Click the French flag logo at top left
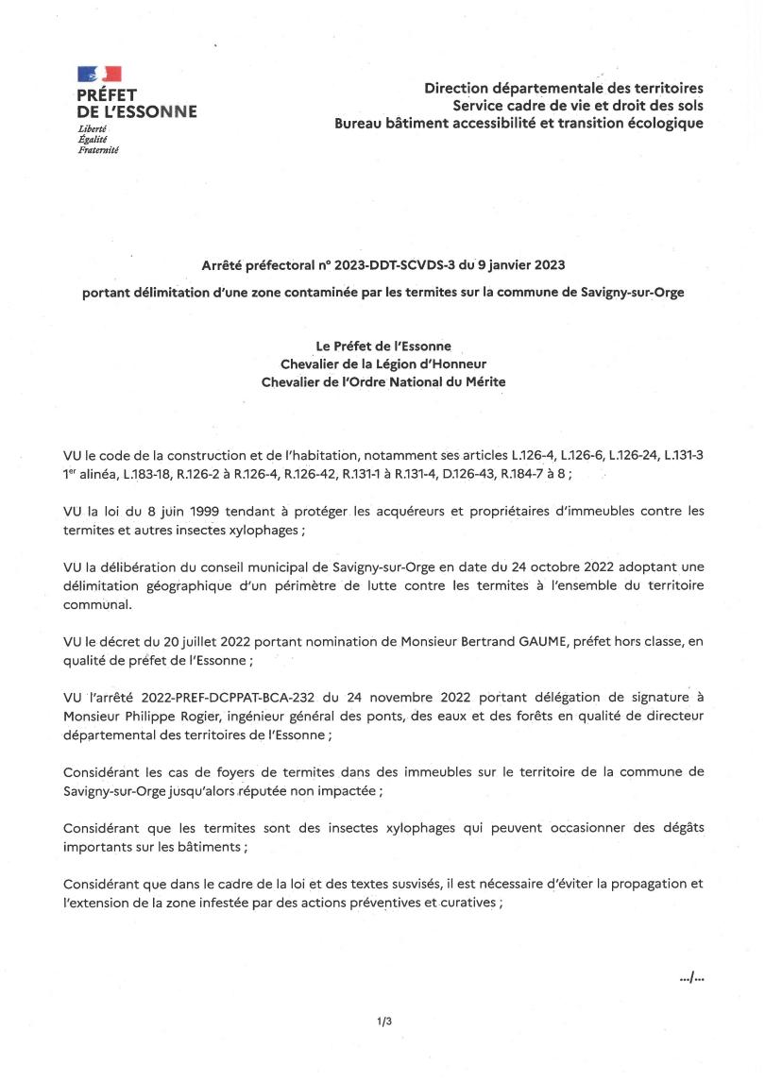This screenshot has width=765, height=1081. [99, 74]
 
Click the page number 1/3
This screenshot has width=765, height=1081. [383, 1022]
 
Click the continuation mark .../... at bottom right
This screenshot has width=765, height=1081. [691, 977]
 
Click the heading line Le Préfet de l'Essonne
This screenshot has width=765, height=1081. [383, 346]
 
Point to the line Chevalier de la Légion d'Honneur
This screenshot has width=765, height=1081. [383, 363]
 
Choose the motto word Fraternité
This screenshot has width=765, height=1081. [98, 148]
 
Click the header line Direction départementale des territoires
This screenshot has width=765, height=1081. [563, 88]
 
